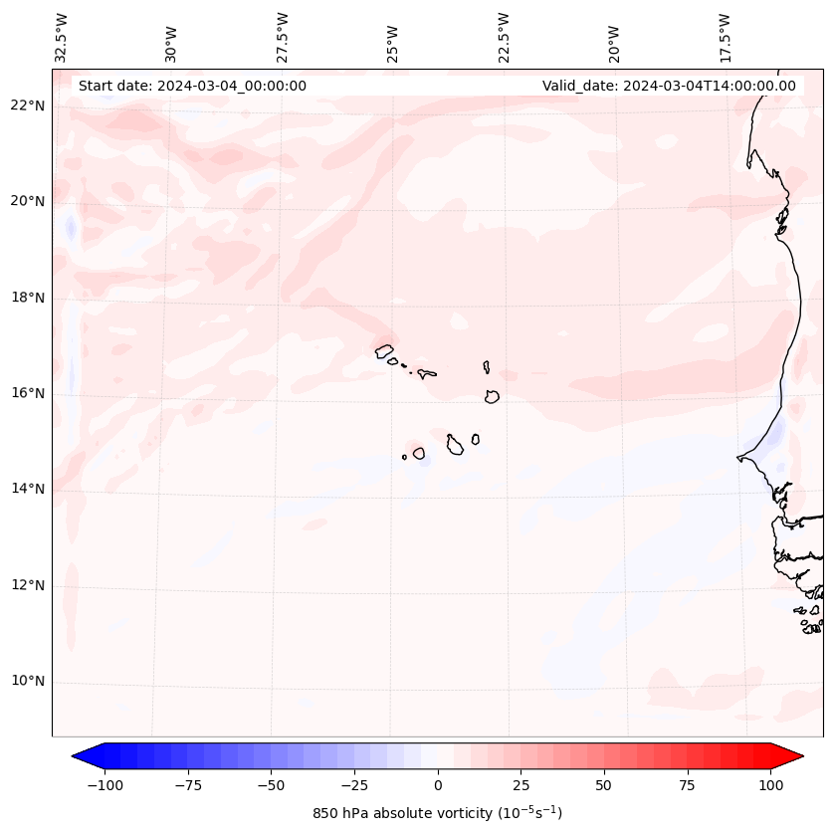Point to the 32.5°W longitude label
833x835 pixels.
pos(62,37)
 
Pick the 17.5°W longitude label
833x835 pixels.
pos(725,37)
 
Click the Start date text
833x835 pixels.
pos(192,86)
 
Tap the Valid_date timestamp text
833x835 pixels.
pos(669,86)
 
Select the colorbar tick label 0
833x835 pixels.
pos(438,785)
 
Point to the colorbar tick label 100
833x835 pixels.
pos(771,785)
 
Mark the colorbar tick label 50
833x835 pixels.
pos(604,785)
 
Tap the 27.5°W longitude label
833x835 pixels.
pos(283,37)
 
